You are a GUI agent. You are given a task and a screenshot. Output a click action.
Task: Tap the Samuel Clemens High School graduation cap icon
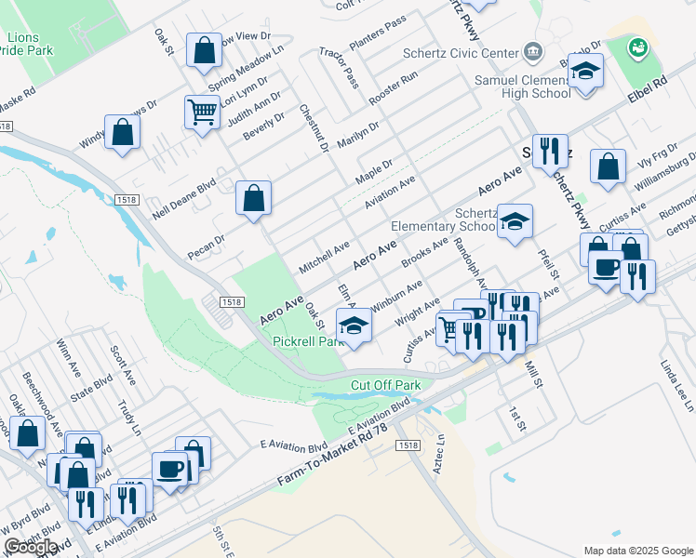(x=585, y=72)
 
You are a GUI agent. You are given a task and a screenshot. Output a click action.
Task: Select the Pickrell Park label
(x=308, y=341)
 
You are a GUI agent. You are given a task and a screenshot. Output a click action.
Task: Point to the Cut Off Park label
(x=385, y=385)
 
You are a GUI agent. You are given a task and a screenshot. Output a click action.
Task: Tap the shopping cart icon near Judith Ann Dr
(x=202, y=113)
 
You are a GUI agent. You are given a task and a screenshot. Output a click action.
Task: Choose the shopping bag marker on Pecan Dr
(x=253, y=198)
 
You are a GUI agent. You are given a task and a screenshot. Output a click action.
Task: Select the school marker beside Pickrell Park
(x=354, y=326)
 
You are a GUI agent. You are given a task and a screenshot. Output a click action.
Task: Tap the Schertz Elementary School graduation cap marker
(x=514, y=222)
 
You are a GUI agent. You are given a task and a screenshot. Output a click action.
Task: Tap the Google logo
(x=30, y=547)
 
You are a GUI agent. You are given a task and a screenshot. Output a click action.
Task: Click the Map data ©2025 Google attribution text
(x=637, y=551)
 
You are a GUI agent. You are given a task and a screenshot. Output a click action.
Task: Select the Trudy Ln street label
(x=128, y=418)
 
